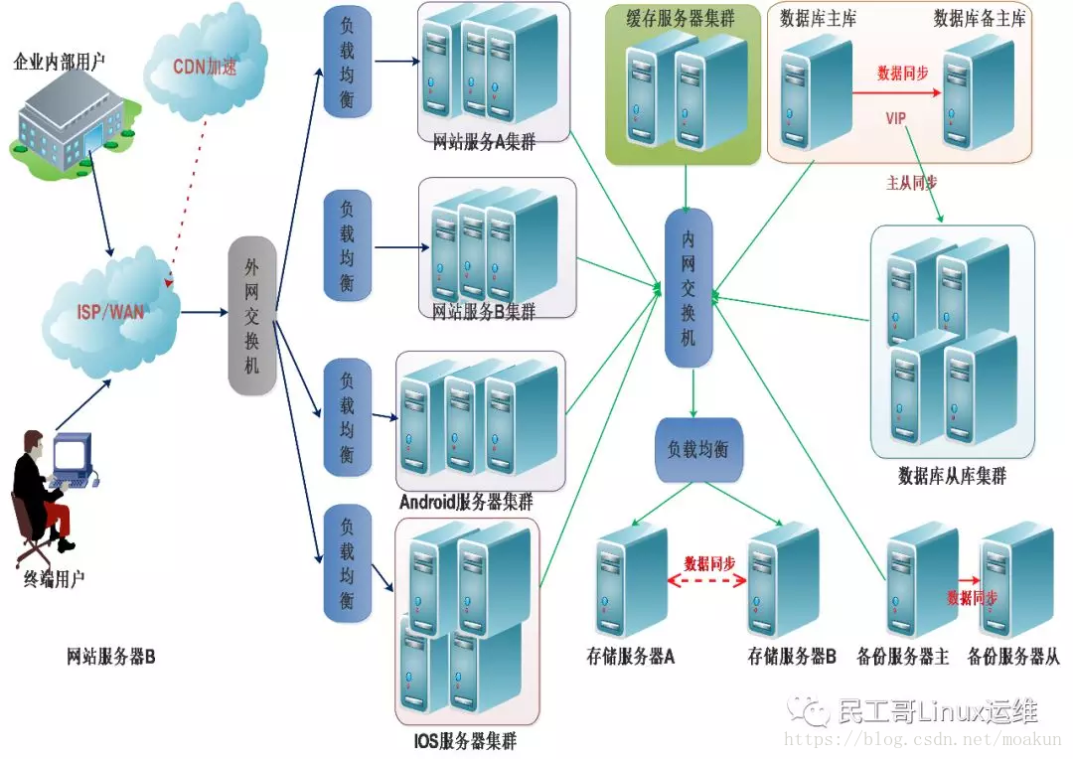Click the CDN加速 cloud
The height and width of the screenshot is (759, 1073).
click(x=206, y=63)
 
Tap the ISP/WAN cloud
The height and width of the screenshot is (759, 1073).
click(x=109, y=312)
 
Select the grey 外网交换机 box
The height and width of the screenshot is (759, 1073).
click(x=251, y=316)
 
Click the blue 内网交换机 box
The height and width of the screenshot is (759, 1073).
click(x=689, y=287)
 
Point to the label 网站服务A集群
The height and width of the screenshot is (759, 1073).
click(x=484, y=142)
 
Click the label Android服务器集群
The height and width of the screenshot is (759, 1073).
click(x=466, y=502)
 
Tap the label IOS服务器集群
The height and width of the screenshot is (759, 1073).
click(x=465, y=740)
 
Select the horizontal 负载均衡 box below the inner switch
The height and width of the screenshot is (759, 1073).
click(x=698, y=450)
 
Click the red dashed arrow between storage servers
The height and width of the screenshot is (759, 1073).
click(x=707, y=581)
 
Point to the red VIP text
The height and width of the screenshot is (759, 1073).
click(x=896, y=118)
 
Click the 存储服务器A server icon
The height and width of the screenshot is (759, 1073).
click(x=630, y=581)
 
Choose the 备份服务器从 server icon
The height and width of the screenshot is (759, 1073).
click(x=1015, y=580)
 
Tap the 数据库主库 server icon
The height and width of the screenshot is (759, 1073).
click(x=817, y=94)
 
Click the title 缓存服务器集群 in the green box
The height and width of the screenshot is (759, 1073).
click(x=681, y=19)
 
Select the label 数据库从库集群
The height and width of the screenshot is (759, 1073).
click(x=952, y=475)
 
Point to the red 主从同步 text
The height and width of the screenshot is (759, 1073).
click(x=911, y=183)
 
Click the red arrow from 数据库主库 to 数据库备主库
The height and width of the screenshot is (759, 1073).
click(x=897, y=92)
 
